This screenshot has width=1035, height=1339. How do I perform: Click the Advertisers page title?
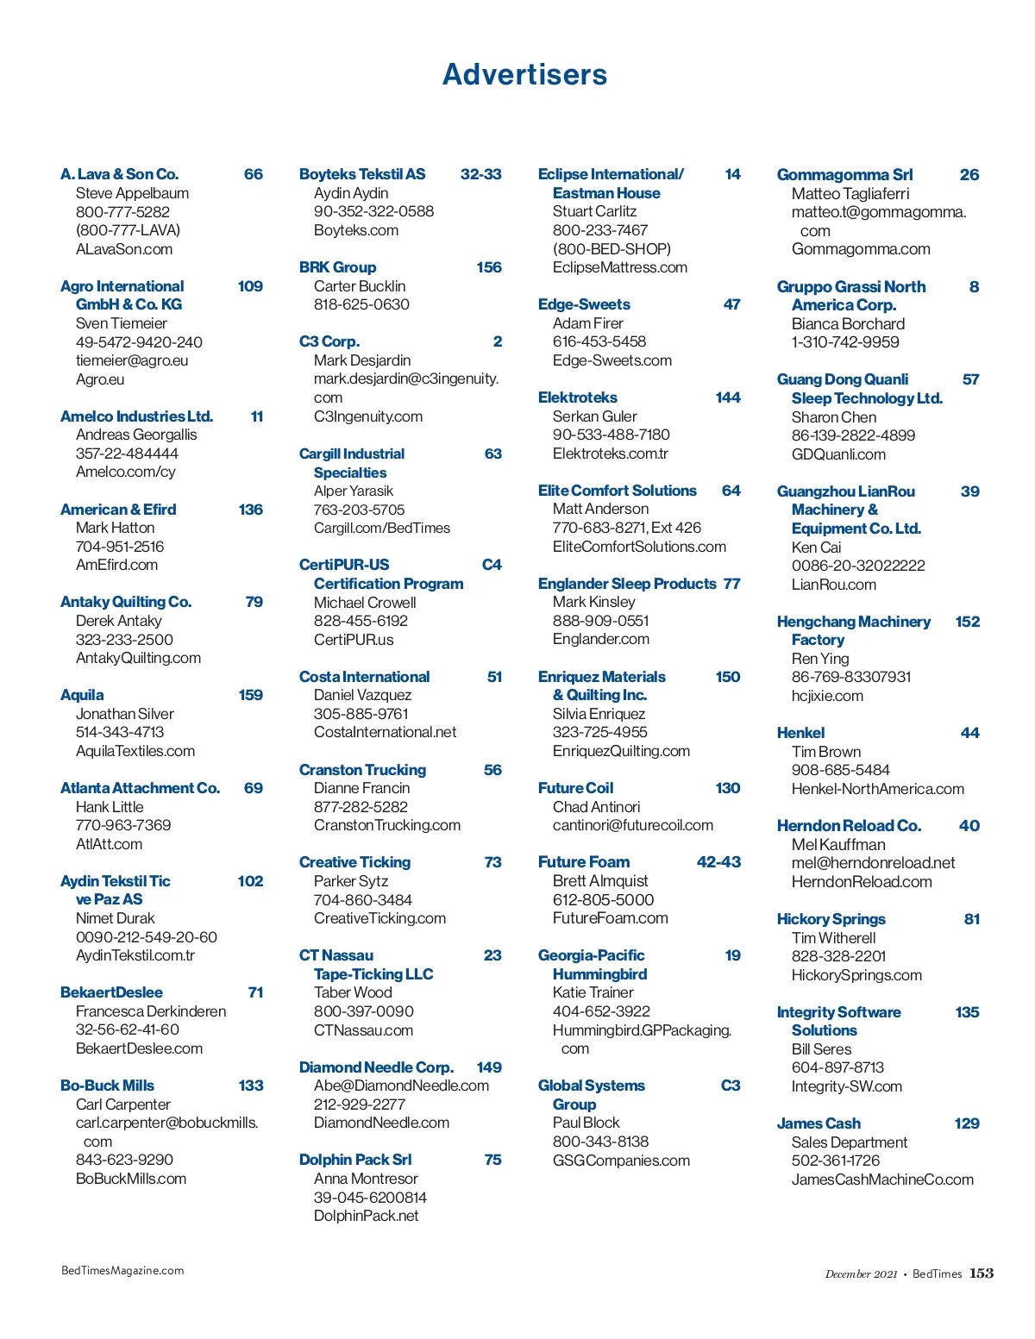point(524,75)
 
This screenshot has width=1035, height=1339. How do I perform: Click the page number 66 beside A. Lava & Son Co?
point(254,174)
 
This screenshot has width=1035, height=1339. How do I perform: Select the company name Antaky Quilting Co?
point(126,602)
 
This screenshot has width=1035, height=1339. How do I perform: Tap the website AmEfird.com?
point(116,565)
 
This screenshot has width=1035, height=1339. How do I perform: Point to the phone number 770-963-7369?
point(123,825)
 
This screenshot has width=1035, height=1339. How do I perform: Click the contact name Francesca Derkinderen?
point(151,1011)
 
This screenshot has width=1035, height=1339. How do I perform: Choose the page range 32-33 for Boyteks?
point(480,174)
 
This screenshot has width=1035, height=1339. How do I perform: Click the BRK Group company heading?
point(337,267)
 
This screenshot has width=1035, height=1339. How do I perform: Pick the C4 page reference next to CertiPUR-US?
point(492,565)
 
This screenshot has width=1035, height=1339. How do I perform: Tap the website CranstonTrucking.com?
point(387,825)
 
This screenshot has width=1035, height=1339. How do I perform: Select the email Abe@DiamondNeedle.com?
point(401,1086)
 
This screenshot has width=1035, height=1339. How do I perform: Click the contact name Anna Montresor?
point(366,1179)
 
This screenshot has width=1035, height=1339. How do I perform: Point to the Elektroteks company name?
point(577,397)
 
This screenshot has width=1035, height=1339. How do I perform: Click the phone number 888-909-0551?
point(601,621)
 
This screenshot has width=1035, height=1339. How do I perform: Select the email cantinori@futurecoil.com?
point(633,825)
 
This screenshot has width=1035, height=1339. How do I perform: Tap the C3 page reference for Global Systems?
point(731,1086)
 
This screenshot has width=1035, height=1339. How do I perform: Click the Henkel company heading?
point(800,733)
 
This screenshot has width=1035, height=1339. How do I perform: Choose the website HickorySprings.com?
point(856,975)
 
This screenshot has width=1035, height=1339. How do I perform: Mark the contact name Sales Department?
point(850,1142)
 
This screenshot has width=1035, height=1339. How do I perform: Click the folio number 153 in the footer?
point(982,1273)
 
